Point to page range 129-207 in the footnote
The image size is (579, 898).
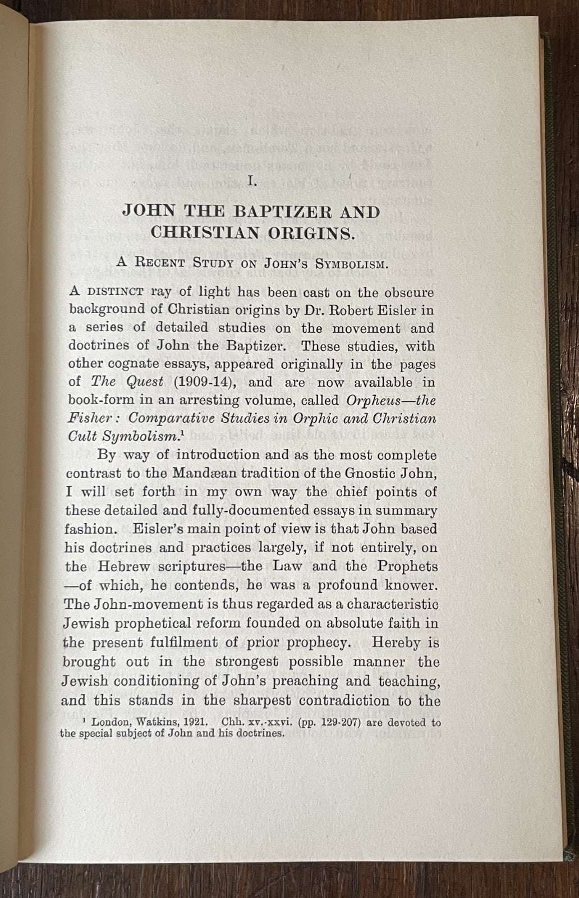click(x=320, y=723)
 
